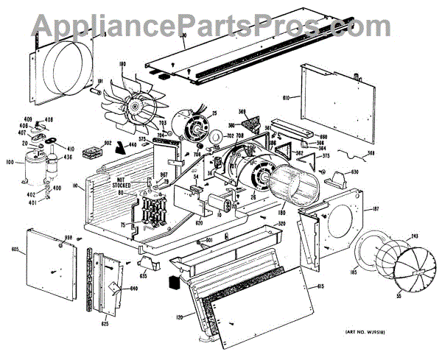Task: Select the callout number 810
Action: point(287,96)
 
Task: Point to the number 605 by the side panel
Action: point(14,252)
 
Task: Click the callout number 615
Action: point(320,285)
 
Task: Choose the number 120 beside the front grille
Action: point(179,317)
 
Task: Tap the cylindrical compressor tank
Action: point(34,168)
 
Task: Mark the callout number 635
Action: point(144,276)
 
